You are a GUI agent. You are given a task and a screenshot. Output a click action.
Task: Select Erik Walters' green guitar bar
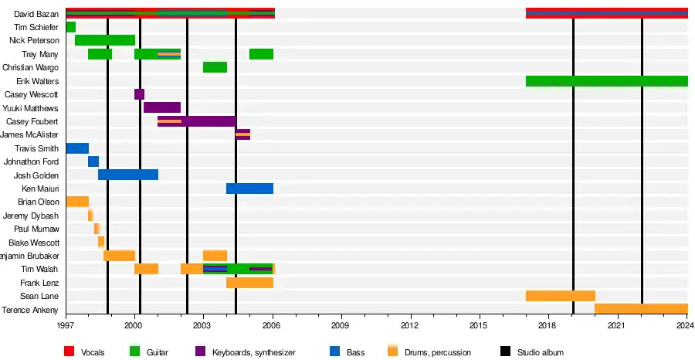(x=606, y=81)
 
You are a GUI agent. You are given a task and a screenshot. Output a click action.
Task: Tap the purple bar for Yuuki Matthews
(x=162, y=108)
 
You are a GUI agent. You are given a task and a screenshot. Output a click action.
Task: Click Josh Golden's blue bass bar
(x=128, y=175)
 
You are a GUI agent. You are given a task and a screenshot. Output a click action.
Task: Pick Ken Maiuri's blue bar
(x=249, y=188)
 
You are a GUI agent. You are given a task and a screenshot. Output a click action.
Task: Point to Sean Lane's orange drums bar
(x=560, y=296)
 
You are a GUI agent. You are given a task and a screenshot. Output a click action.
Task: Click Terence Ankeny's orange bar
(x=641, y=309)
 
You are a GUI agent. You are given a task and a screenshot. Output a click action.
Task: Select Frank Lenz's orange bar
(x=249, y=283)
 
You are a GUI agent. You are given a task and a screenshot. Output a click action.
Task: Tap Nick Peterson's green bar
(x=105, y=40)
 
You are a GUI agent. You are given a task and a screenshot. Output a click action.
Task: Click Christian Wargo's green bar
(x=215, y=67)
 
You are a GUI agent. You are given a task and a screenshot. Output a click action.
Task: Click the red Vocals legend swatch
(x=69, y=352)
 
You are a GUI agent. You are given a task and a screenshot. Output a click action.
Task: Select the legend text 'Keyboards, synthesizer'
(x=254, y=353)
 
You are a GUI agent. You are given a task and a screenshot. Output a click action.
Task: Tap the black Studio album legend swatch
(x=507, y=352)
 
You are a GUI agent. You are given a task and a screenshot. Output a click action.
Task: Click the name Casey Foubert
(x=32, y=122)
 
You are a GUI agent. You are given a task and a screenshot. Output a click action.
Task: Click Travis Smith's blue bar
(x=77, y=148)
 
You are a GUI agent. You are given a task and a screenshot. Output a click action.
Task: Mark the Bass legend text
(x=355, y=353)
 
